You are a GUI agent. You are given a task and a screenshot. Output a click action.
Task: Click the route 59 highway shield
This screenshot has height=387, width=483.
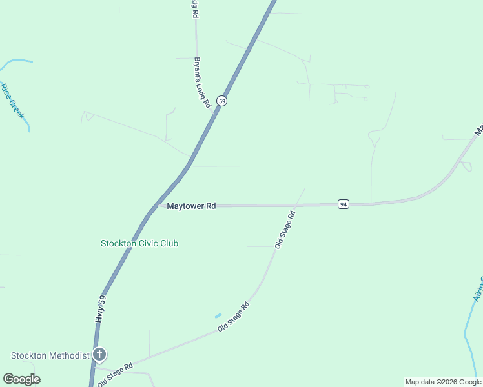click(x=221, y=101)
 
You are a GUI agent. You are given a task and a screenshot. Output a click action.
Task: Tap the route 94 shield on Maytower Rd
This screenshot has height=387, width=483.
click(x=343, y=204)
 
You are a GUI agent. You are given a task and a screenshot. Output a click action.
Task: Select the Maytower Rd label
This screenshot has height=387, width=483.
click(x=191, y=206)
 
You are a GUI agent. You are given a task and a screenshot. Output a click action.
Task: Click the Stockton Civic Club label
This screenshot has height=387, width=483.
click(x=139, y=243)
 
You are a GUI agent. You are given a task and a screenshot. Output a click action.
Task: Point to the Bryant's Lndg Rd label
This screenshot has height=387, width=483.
click(x=202, y=82)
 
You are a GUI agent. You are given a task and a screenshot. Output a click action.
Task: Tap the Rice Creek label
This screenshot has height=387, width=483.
click(x=12, y=101)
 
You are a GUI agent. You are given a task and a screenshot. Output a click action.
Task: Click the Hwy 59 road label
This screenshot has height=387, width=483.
click(x=100, y=310)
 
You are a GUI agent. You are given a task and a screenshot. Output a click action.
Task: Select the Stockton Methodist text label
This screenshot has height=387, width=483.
click(x=50, y=355)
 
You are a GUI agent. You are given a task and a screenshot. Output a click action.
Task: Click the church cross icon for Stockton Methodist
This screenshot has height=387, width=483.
click(x=99, y=354)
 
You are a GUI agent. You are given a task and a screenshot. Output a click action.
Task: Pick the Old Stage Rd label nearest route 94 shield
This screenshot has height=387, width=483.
click(x=285, y=229)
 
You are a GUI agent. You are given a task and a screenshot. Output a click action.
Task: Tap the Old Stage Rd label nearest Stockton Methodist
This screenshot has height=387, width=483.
click(x=115, y=373)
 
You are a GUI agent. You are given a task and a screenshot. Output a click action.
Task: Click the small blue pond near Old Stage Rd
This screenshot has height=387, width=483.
click(x=218, y=315)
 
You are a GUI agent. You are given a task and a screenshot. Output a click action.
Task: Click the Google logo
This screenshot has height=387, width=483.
click(x=21, y=379)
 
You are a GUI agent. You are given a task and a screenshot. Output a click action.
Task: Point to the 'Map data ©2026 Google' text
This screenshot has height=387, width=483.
click(x=442, y=382)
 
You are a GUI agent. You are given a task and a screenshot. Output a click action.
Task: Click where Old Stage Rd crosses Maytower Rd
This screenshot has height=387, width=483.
click(x=298, y=205)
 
